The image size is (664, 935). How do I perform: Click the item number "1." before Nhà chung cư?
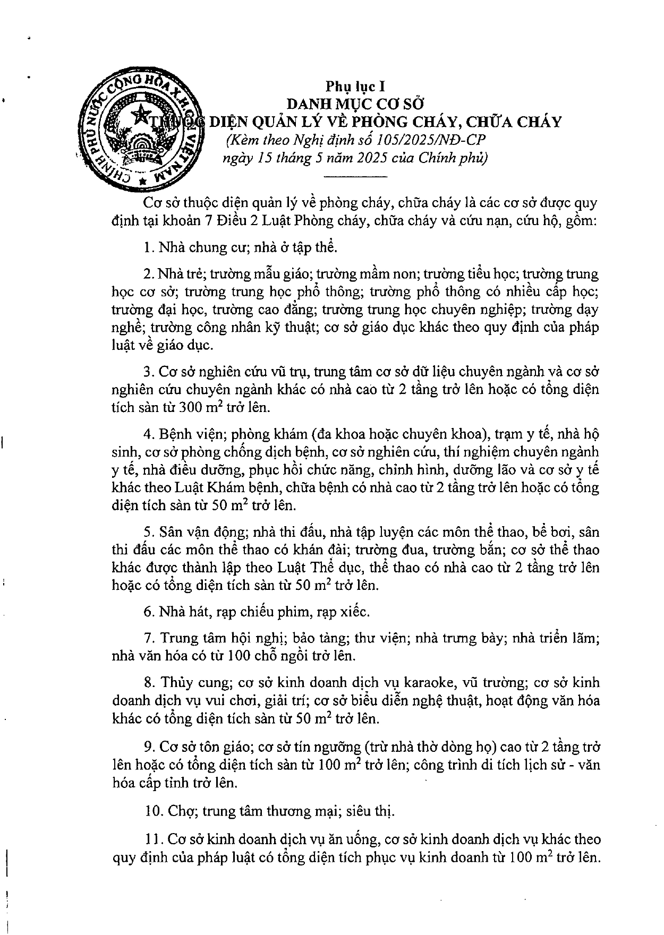tap(149, 247)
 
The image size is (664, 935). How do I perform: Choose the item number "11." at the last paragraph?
tap(153, 839)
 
